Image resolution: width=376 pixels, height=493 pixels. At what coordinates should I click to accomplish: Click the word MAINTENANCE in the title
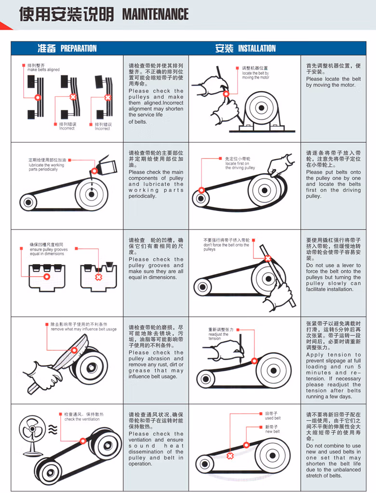[x=155, y=14]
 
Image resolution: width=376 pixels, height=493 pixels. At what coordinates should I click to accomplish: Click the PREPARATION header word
[x=79, y=48]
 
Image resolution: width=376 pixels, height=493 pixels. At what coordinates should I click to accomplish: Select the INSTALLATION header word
[x=257, y=48]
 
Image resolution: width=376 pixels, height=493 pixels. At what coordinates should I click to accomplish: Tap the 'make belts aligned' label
[x=43, y=70]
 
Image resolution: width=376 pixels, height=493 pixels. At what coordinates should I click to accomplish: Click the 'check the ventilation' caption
[x=82, y=419]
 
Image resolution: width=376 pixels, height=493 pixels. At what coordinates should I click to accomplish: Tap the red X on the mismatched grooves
[x=98, y=277]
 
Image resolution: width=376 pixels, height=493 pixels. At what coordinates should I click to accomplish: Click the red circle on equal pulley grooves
[x=47, y=277]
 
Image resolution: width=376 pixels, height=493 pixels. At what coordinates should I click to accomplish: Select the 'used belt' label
[x=272, y=418]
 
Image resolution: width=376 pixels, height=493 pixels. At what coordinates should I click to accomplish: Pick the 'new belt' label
[x=272, y=431]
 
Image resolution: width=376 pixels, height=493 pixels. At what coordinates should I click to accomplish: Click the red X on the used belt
[x=230, y=456]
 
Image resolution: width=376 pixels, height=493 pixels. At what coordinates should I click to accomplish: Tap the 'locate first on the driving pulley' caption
[x=240, y=166]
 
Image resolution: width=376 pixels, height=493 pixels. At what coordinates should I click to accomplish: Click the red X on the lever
[x=268, y=258]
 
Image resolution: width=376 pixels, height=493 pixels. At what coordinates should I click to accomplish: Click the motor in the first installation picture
[x=261, y=110]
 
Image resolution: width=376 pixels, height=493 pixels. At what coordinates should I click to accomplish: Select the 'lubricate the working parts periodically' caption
[x=46, y=167]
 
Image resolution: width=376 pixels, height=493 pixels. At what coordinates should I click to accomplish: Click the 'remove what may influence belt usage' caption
[x=83, y=329]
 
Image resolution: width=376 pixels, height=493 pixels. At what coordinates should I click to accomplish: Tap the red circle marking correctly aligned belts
[x=38, y=97]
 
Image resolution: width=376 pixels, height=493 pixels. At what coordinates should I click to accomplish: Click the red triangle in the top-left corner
[x=6, y=26]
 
